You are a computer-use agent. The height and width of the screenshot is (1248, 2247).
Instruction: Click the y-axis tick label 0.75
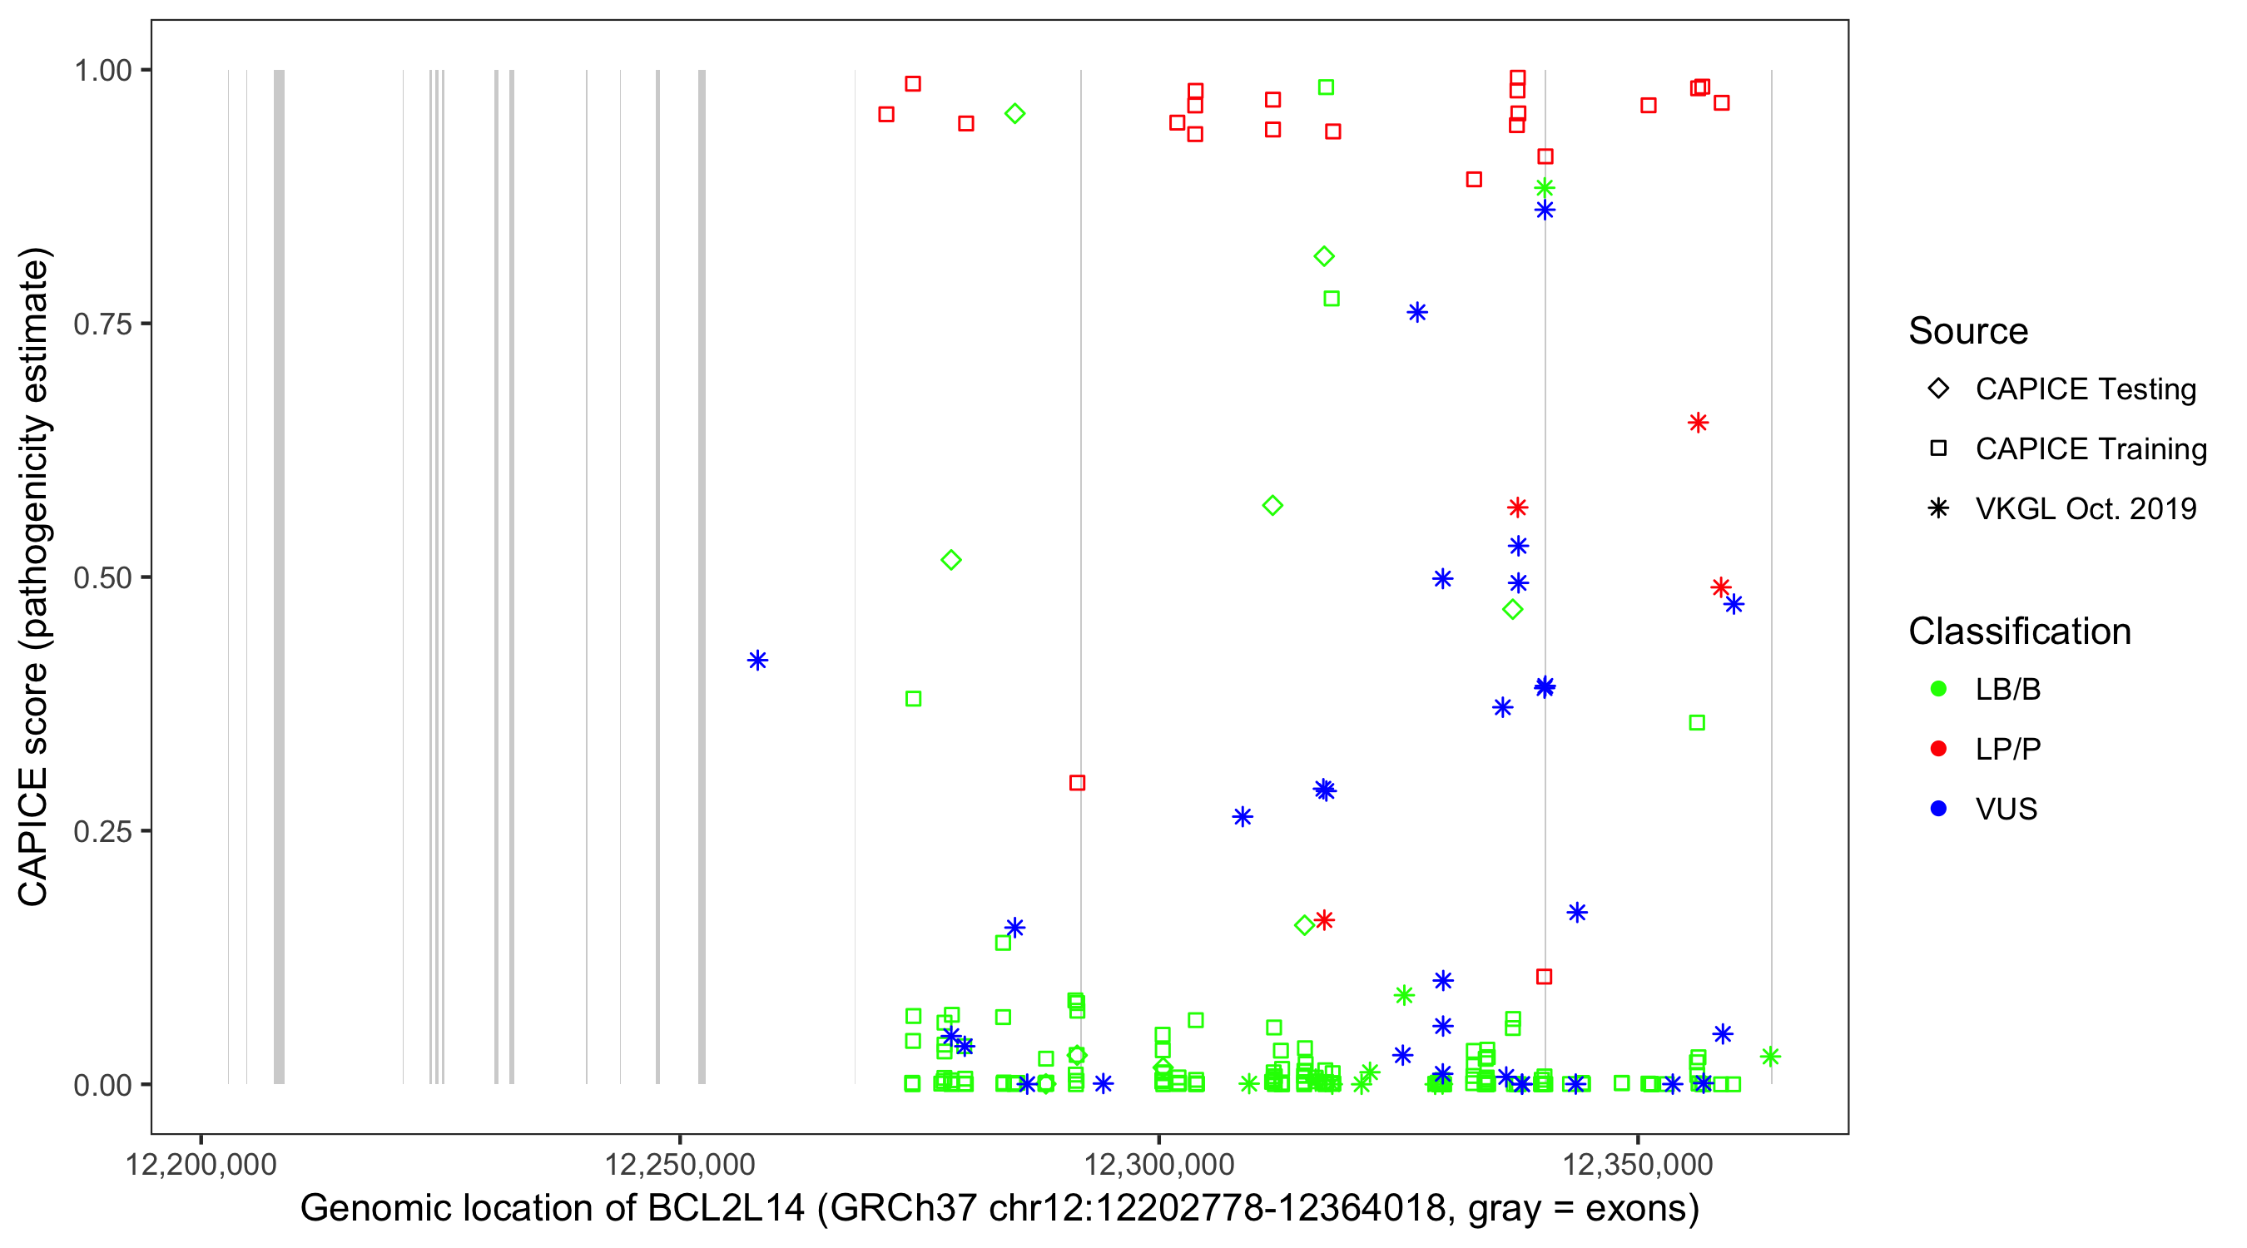[x=102, y=324]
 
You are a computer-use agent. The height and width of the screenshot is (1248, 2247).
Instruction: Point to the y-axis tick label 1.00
[x=102, y=70]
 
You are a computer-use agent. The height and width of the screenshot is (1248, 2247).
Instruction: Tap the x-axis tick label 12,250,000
[x=679, y=1164]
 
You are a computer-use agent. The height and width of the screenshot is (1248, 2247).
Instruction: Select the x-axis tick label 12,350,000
[x=1637, y=1164]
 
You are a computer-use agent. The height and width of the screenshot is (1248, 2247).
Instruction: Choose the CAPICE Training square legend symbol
[x=1938, y=448]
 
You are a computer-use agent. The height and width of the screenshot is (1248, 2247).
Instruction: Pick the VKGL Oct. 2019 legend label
[x=2086, y=508]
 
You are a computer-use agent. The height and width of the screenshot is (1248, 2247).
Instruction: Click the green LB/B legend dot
[x=1938, y=689]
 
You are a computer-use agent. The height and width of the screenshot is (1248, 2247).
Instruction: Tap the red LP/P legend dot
[x=1938, y=749]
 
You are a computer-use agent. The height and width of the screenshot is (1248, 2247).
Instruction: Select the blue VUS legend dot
[x=1938, y=809]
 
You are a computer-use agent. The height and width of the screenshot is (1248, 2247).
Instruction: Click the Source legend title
[x=1968, y=330]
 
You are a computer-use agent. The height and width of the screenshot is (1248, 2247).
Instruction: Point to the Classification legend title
[x=2019, y=631]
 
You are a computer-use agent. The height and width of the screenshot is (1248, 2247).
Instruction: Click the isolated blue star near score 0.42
[x=757, y=661]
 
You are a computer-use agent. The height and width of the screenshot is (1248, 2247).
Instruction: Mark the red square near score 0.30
[x=1077, y=783]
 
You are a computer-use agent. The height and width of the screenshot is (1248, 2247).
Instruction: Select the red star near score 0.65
[x=1698, y=423]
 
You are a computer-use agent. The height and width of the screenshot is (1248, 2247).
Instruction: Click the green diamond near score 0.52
[x=952, y=560]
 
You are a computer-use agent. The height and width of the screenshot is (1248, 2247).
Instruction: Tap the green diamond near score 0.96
[x=1014, y=113]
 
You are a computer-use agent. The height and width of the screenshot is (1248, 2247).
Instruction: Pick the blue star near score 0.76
[x=1417, y=312]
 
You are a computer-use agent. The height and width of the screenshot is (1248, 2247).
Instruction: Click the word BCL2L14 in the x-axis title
[x=726, y=1209]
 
